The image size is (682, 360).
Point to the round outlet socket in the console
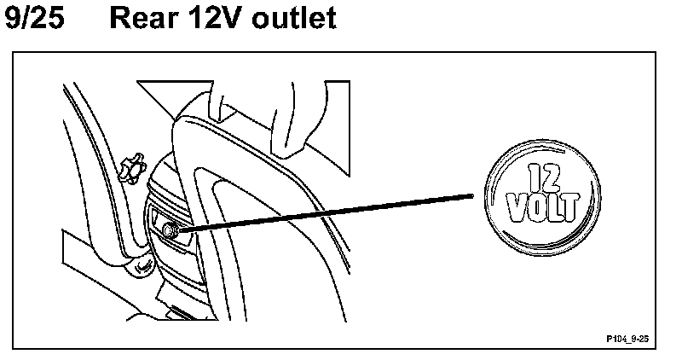169,229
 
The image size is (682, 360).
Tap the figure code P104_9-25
628,339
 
